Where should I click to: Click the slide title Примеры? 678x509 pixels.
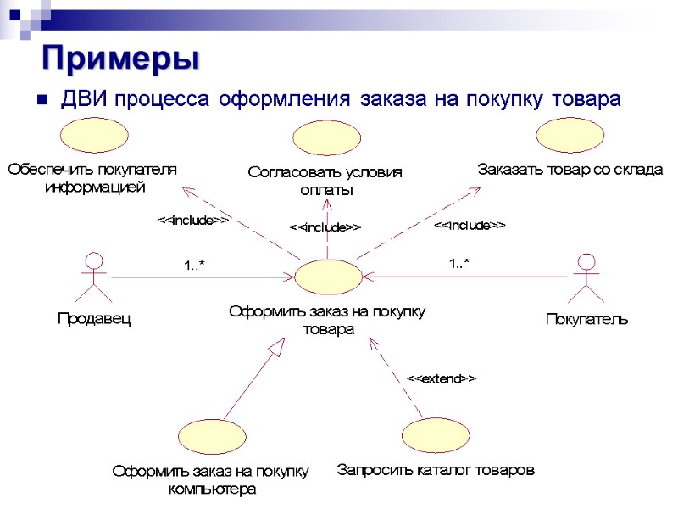121,58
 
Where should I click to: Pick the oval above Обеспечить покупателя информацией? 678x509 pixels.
93,135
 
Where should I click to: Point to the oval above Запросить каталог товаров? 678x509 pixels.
436,435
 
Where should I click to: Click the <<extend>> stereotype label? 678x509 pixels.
442,378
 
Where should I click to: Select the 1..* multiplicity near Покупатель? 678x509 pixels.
458,264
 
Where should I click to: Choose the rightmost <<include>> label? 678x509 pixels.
470,225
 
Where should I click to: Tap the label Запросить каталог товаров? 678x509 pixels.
436,469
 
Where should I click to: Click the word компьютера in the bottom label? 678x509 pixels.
212,489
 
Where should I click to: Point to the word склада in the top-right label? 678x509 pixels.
640,169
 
